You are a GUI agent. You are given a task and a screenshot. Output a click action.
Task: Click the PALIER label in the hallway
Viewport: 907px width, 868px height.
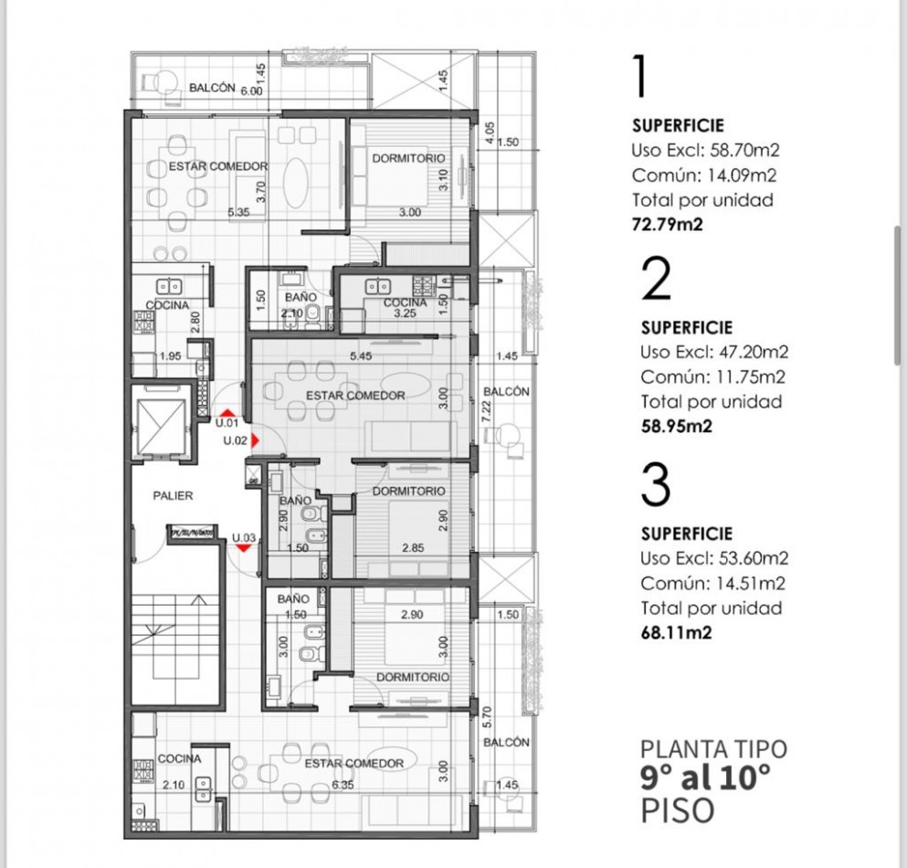pyautogui.click(x=173, y=495)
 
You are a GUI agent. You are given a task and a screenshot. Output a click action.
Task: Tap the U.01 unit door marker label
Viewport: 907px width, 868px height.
pyautogui.click(x=227, y=423)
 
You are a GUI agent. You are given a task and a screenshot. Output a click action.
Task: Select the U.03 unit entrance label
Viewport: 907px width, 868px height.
pyautogui.click(x=243, y=537)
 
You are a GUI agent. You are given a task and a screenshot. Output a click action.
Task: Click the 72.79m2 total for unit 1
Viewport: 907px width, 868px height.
pyautogui.click(x=667, y=222)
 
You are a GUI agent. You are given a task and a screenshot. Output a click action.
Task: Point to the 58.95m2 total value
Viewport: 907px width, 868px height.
pyautogui.click(x=676, y=424)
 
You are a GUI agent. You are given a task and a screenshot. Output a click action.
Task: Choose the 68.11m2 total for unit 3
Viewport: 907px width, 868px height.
pyautogui.click(x=676, y=630)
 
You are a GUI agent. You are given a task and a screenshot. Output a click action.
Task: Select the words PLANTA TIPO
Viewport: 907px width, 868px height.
pyautogui.click(x=713, y=749)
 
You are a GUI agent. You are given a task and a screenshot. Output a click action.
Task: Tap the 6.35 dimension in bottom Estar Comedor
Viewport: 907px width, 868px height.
pyautogui.click(x=343, y=785)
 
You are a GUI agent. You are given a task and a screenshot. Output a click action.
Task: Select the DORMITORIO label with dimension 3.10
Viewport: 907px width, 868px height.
pyautogui.click(x=409, y=159)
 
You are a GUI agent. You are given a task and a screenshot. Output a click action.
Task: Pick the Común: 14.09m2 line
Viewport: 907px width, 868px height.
pyautogui.click(x=697, y=175)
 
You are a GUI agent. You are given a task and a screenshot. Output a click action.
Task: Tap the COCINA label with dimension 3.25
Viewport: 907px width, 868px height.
pyautogui.click(x=405, y=302)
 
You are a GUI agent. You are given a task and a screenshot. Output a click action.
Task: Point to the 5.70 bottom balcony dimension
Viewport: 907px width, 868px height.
pyautogui.click(x=487, y=715)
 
